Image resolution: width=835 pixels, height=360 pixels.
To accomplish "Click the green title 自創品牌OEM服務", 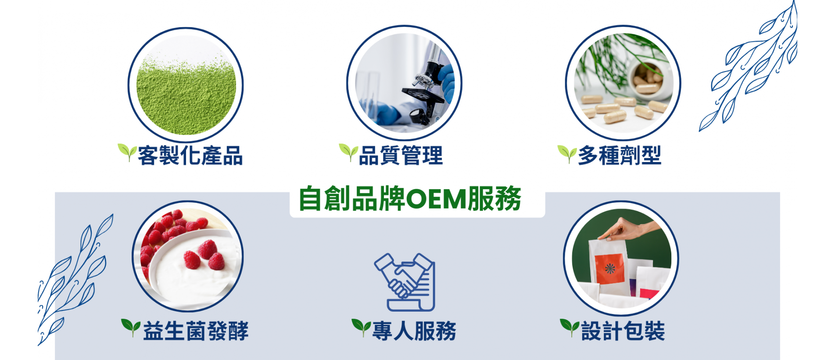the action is (410, 199).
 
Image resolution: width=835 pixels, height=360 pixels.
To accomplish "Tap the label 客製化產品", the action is (190, 155).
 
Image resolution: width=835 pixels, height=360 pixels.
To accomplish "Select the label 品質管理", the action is (401, 155).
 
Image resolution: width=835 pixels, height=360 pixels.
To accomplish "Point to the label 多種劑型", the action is (619, 155).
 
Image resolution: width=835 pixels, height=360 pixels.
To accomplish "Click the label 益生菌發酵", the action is (196, 331).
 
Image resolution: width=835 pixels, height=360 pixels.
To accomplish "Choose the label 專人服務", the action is (414, 331).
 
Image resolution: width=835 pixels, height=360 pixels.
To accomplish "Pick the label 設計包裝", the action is (623, 331).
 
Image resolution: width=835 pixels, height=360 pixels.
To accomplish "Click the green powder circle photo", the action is (186, 85).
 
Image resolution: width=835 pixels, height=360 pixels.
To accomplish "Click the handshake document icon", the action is (405, 282).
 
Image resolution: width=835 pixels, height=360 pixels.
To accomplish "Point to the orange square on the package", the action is (609, 268).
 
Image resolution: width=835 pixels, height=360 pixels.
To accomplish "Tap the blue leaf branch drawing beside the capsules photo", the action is (748, 66).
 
